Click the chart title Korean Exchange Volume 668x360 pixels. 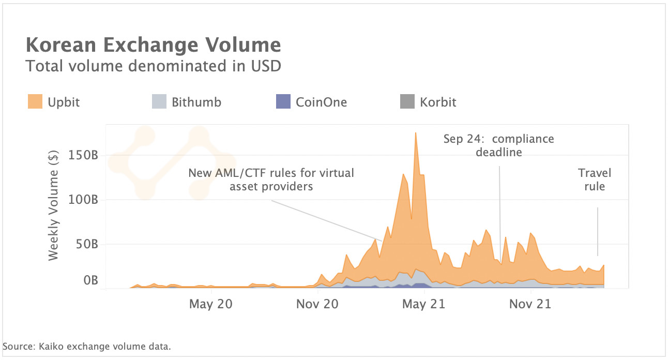pyautogui.click(x=153, y=46)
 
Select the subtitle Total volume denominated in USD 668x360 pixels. pyautogui.click(x=153, y=66)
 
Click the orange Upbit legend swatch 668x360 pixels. pyautogui.click(x=35, y=102)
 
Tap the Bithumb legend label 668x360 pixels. pyautogui.click(x=196, y=102)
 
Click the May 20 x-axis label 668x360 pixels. pyautogui.click(x=210, y=304)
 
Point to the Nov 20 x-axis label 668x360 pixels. pyautogui.click(x=317, y=304)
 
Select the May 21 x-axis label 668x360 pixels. pyautogui.click(x=423, y=304)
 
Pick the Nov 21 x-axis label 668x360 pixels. pyautogui.click(x=530, y=304)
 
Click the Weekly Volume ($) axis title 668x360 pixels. pyautogui.click(x=54, y=205)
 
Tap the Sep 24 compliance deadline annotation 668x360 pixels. pyautogui.click(x=498, y=145)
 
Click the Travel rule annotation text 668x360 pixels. pyautogui.click(x=594, y=179)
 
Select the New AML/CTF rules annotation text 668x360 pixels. pyautogui.click(x=271, y=179)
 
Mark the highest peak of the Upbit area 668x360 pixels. pyautogui.click(x=415, y=133)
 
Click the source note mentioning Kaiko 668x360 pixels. pyautogui.click(x=87, y=346)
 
